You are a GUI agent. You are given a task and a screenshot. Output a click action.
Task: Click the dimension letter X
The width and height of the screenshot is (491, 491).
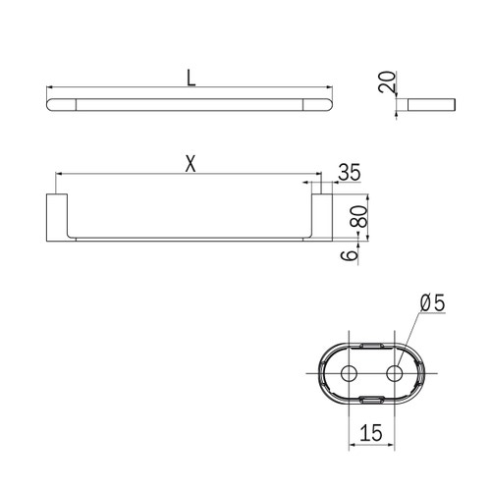191,165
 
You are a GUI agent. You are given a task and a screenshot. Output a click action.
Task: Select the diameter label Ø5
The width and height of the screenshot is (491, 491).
432,304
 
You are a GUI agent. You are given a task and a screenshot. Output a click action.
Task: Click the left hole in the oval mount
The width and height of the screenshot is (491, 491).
350,373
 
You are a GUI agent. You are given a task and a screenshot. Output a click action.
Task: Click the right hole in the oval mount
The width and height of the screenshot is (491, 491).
396,373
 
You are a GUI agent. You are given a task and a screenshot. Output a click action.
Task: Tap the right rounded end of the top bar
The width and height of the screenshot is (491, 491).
323,103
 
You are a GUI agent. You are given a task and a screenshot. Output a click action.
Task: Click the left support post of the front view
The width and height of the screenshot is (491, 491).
58,215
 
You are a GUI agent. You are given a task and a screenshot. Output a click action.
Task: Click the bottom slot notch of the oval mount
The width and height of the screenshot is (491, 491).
373,399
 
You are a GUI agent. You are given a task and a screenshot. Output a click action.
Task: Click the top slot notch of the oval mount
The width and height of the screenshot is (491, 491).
373,347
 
